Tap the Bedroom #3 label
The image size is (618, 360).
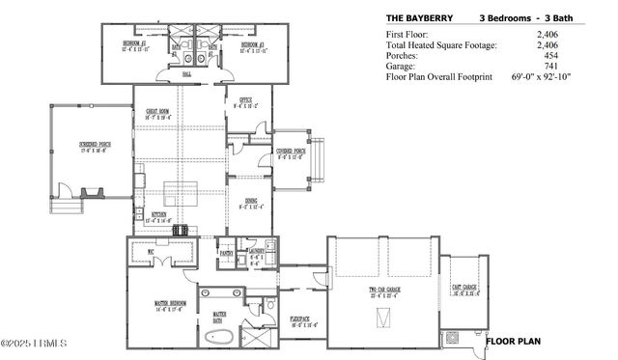tap(253, 46)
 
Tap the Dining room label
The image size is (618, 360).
tap(250, 204)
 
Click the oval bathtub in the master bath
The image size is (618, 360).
tap(220, 338)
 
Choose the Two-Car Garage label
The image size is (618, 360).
tap(384, 292)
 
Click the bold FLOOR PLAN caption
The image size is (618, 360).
tap(514, 341)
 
